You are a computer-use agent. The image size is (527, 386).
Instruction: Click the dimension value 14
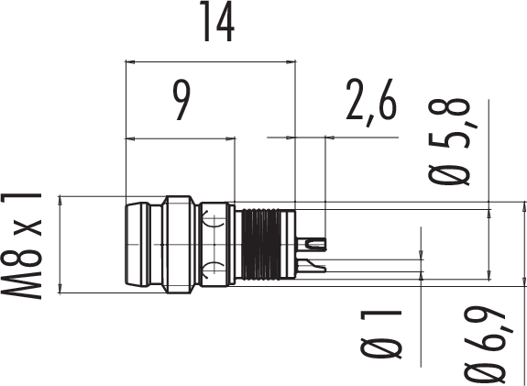[217, 21]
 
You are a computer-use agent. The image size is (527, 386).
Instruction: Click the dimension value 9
[181, 101]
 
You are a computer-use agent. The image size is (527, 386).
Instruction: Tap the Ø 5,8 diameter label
[449, 141]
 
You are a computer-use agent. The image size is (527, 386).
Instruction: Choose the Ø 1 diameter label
[381, 335]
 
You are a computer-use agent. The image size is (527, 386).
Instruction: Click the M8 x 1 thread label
[21, 246]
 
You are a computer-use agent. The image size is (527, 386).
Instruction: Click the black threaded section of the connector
[261, 245]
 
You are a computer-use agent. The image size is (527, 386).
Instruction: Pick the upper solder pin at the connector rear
[312, 244]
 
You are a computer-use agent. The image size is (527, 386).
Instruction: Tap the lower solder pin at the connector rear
[312, 266]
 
